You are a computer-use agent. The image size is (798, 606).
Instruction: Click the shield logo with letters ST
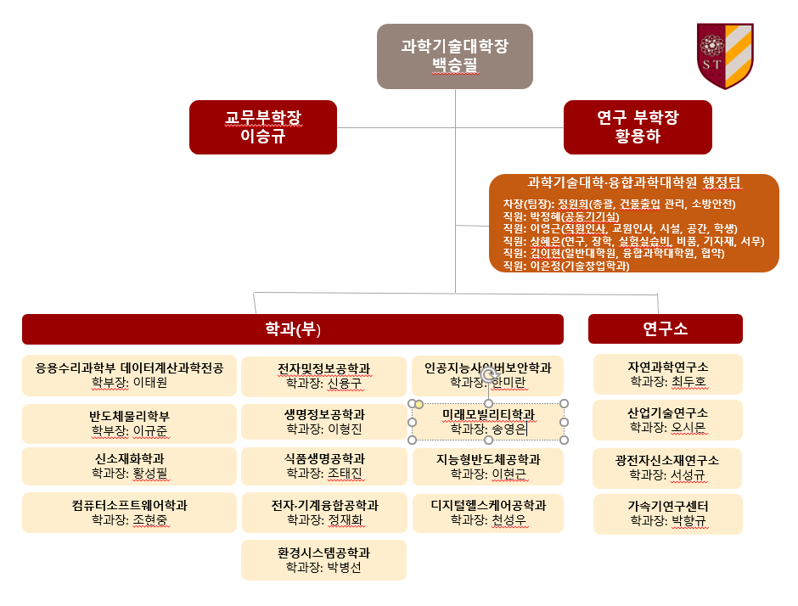(x=725, y=55)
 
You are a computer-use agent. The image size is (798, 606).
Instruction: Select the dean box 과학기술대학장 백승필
(x=454, y=56)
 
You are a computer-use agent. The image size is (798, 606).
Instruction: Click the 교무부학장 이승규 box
(x=263, y=127)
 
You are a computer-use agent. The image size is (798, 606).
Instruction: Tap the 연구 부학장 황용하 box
(x=638, y=127)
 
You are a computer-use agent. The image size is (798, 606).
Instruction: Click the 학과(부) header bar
(x=293, y=329)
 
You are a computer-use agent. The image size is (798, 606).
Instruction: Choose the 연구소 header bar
(x=666, y=328)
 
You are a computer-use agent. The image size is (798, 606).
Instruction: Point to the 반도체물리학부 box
(x=129, y=424)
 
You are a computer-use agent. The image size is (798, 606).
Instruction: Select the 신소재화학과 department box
(x=129, y=466)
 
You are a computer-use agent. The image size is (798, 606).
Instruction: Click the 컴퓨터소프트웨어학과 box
(x=129, y=513)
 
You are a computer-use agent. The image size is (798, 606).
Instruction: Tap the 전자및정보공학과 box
(x=323, y=376)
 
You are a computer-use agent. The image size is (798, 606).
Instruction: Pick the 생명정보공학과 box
(x=323, y=422)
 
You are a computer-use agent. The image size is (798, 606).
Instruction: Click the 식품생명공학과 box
(x=323, y=466)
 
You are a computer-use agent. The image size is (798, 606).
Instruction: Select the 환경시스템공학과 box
(x=323, y=559)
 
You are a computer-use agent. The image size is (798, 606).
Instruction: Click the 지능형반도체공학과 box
(x=488, y=467)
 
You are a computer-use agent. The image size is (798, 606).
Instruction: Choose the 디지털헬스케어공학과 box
(x=488, y=513)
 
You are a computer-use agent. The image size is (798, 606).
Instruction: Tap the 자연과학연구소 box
(x=668, y=374)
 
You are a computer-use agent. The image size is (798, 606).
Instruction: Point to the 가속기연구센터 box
(x=668, y=513)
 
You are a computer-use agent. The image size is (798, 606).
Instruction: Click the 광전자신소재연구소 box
(x=667, y=469)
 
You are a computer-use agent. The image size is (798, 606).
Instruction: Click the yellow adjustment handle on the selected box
(x=419, y=404)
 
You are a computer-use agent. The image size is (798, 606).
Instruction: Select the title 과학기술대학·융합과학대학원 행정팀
(x=633, y=182)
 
